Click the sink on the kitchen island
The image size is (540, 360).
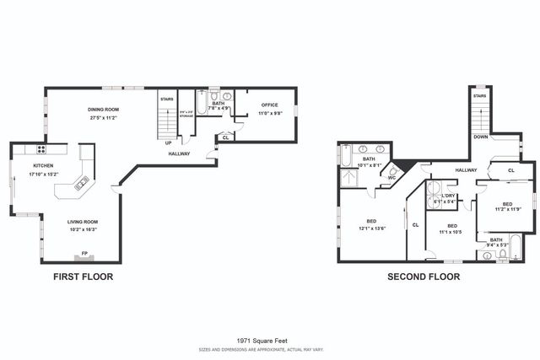point(83,180)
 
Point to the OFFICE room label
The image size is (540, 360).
point(269,105)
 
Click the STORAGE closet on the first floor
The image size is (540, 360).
point(186,115)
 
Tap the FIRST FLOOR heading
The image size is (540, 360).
point(83,276)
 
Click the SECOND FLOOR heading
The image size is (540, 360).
point(424,276)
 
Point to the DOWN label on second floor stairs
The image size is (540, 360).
point(480,136)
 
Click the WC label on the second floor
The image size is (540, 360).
point(392,177)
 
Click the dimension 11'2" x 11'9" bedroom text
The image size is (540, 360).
point(507,208)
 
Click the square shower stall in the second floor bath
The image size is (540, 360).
point(348,176)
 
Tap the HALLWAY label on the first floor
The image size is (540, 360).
point(179,153)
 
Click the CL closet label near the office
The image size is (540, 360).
point(224,137)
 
